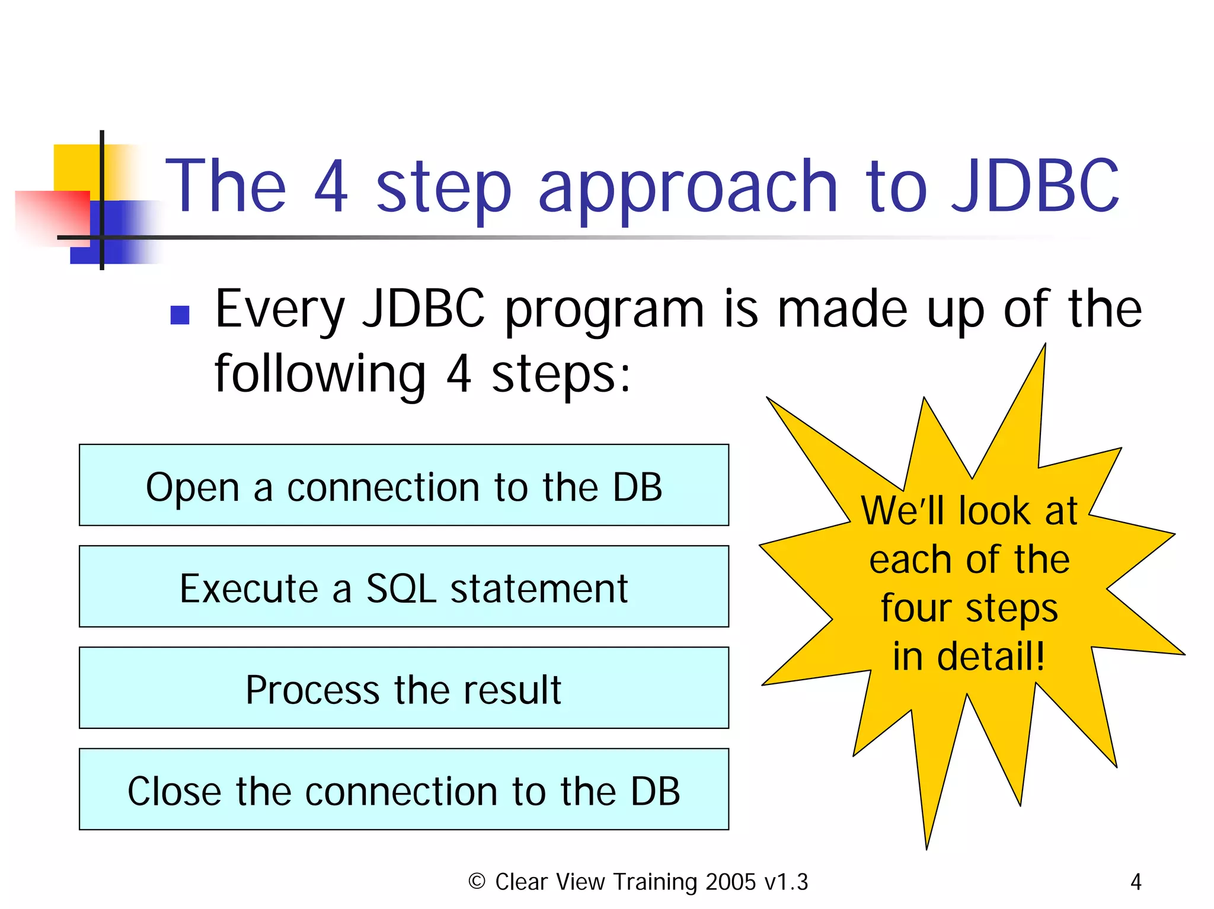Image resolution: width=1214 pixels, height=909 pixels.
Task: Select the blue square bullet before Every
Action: [179, 315]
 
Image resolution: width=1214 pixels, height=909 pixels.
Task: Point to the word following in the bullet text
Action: [320, 375]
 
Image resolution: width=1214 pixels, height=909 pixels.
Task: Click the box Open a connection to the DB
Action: [404, 485]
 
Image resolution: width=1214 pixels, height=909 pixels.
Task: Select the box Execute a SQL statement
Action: [404, 586]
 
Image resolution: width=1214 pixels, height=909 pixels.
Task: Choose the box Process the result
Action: [404, 687]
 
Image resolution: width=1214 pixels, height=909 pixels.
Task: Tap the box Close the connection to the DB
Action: [404, 789]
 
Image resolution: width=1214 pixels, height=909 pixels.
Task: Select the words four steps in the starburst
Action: [969, 609]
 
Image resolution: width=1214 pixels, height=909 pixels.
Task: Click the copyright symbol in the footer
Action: [477, 881]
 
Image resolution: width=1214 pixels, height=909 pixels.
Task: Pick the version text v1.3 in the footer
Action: [786, 882]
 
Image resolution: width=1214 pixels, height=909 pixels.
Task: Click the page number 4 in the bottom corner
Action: [1135, 882]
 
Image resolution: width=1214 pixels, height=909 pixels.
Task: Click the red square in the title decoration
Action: [52, 216]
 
